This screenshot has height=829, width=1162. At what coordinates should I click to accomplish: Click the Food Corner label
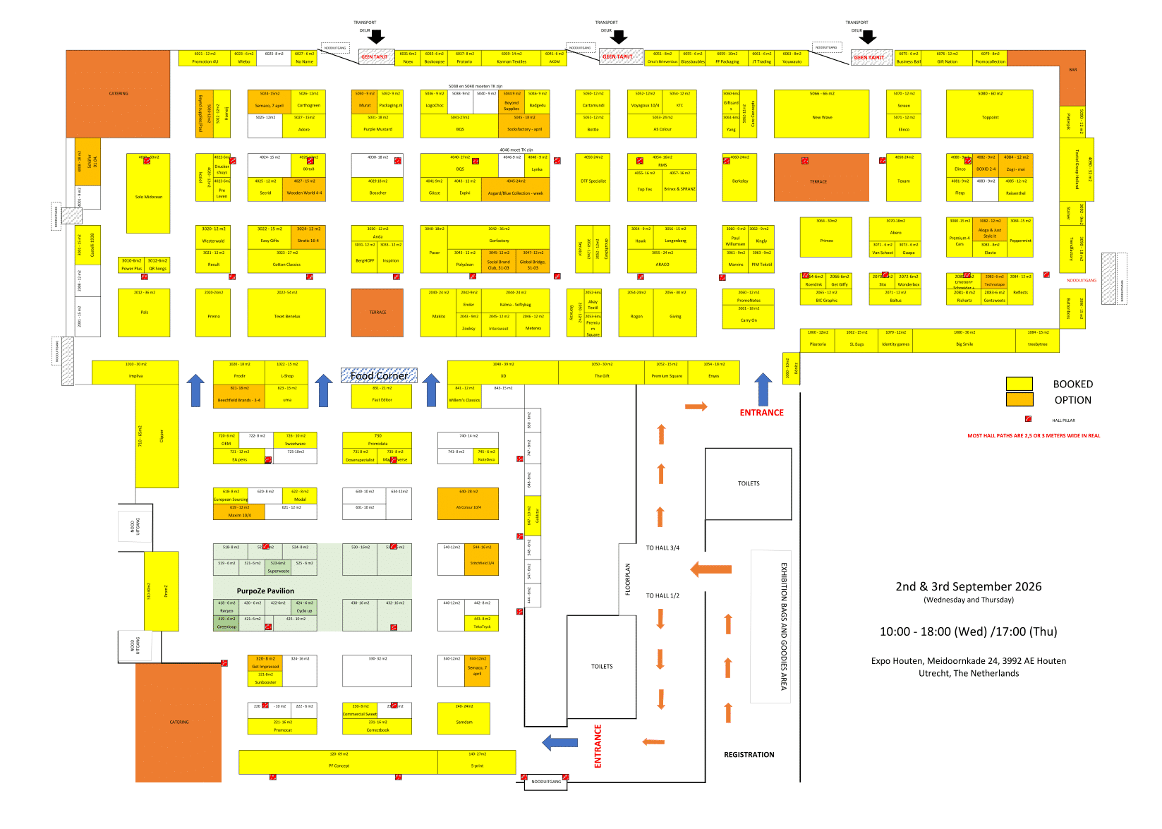[379, 376]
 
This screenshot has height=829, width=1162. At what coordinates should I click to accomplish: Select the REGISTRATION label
[749, 755]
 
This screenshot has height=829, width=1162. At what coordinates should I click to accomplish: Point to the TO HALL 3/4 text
[662, 548]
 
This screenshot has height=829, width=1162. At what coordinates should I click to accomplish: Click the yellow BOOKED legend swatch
[1019, 384]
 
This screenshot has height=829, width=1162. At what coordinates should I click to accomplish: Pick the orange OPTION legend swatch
[1019, 399]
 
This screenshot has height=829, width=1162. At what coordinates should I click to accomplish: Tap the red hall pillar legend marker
[1028, 419]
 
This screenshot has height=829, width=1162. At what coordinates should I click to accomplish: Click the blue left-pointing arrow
[559, 742]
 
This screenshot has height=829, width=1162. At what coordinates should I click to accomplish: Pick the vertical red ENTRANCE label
[598, 746]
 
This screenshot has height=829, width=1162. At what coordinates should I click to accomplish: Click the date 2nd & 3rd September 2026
[968, 587]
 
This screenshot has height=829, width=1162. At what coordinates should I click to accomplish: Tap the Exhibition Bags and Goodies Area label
[783, 626]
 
